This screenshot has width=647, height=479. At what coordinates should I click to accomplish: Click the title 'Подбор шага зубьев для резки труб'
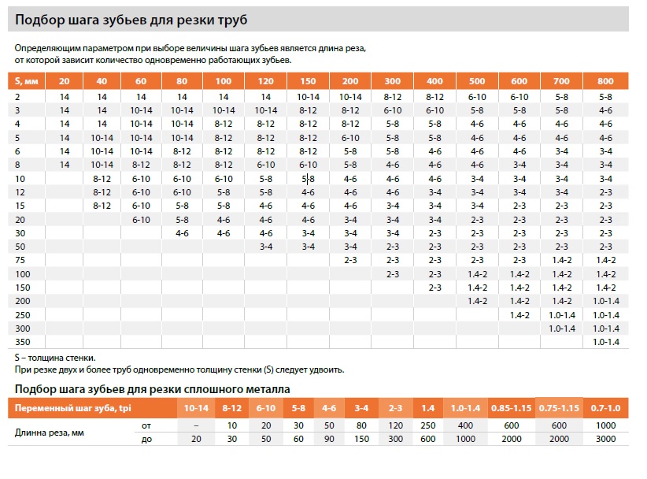135,19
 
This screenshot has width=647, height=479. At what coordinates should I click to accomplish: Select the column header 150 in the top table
308,81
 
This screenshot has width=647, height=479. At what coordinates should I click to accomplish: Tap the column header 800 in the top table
605,81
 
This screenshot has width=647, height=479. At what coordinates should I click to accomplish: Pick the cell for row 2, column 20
65,96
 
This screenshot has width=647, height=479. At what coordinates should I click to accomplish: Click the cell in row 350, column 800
605,341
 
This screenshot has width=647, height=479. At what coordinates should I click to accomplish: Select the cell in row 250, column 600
519,314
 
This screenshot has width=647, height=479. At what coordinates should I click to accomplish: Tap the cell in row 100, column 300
392,273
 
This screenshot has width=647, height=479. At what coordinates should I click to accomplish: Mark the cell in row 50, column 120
266,247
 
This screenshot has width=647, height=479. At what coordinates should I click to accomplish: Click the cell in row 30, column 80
182,232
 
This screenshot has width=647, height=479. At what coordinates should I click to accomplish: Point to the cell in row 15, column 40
102,206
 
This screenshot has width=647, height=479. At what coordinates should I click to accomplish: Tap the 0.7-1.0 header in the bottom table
605,408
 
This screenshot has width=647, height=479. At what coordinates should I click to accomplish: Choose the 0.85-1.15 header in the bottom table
512,408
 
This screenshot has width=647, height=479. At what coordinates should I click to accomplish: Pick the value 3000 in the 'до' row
605,439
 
